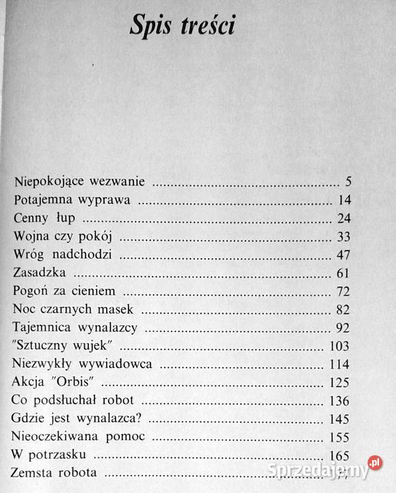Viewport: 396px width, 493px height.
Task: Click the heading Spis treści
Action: [183, 27]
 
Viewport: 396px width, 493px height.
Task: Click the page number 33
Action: [343, 238]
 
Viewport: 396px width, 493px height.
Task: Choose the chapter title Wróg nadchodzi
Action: [62, 255]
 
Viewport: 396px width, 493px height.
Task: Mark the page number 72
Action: [343, 292]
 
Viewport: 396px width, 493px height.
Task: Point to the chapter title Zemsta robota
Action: [54, 472]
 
